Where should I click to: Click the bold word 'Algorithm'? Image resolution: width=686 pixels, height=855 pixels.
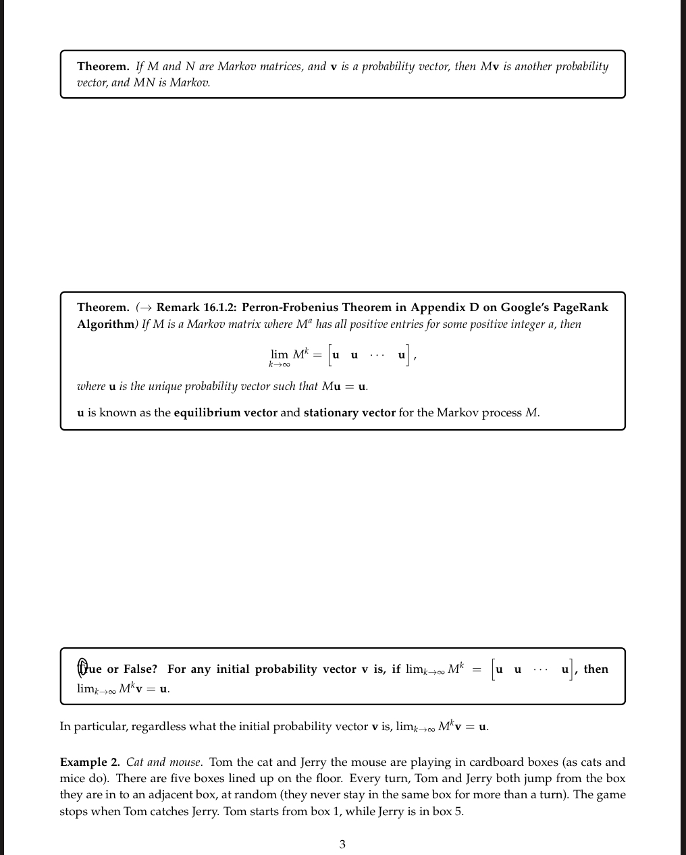click(x=106, y=325)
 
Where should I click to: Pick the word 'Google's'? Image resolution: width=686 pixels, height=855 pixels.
click(x=524, y=308)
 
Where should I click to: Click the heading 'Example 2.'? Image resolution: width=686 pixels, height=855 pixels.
click(x=90, y=763)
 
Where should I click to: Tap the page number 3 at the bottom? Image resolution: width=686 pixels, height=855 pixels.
click(x=342, y=844)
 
